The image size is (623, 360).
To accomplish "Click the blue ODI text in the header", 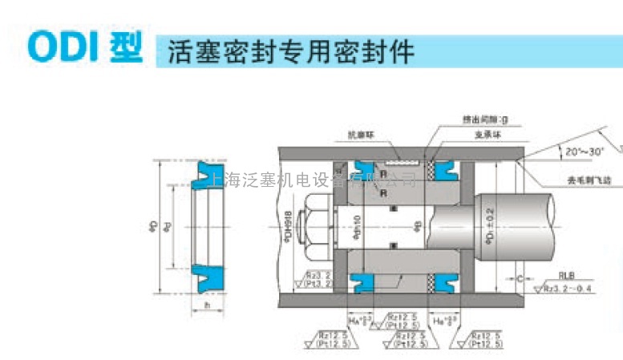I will [63, 47].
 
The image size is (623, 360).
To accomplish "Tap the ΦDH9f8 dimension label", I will [289, 227].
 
